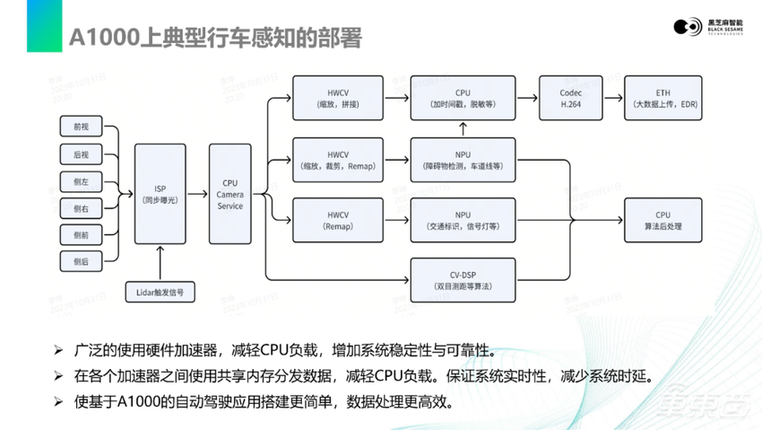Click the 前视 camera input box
82,127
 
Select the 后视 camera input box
82,154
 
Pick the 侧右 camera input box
82,207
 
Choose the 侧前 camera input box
82,234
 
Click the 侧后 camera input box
82,261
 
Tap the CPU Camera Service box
231,194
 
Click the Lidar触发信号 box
160,293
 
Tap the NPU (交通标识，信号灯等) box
463,221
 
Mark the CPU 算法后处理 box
662,221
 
